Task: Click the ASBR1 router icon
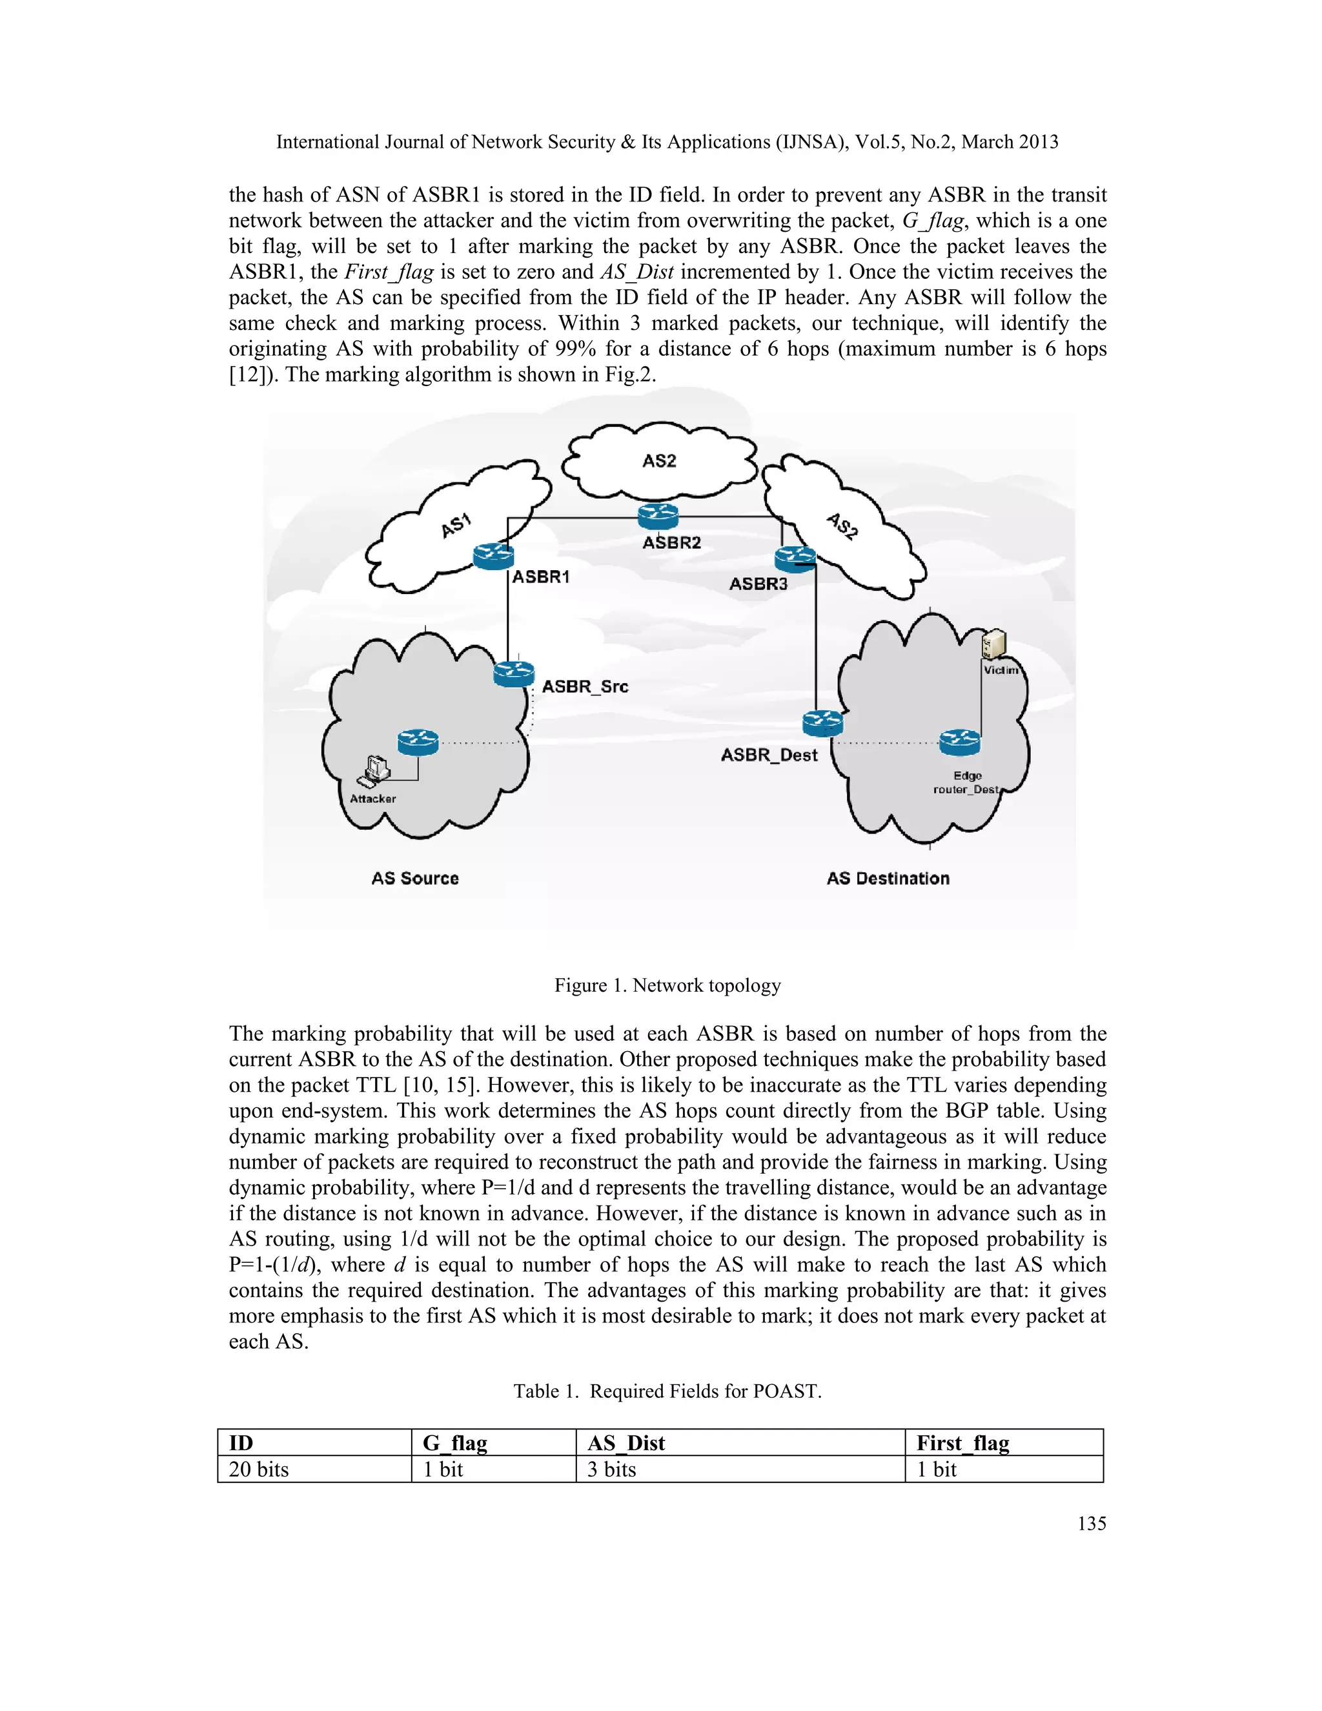pyautogui.click(x=493, y=556)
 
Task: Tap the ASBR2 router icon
pyautogui.click(x=657, y=517)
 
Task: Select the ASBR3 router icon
pyautogui.click(x=795, y=558)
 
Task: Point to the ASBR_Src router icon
pyautogui.click(x=514, y=673)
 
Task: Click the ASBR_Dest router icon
pyautogui.click(x=822, y=722)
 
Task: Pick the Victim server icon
pyautogui.click(x=993, y=646)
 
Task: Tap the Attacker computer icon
pyautogui.click(x=375, y=771)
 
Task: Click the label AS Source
pyautogui.click(x=415, y=878)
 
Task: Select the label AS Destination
pyautogui.click(x=888, y=878)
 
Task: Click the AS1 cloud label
pyautogui.click(x=456, y=525)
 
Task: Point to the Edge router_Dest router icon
pyautogui.click(x=959, y=741)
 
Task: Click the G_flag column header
pyautogui.click(x=455, y=1443)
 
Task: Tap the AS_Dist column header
pyautogui.click(x=625, y=1443)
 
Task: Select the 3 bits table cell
pyautogui.click(x=612, y=1470)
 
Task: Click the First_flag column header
pyautogui.click(x=962, y=1443)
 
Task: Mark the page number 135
pyautogui.click(x=1091, y=1524)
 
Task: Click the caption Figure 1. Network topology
pyautogui.click(x=667, y=985)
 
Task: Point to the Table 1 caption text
pyautogui.click(x=667, y=1391)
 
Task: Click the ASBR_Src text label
pyautogui.click(x=585, y=686)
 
